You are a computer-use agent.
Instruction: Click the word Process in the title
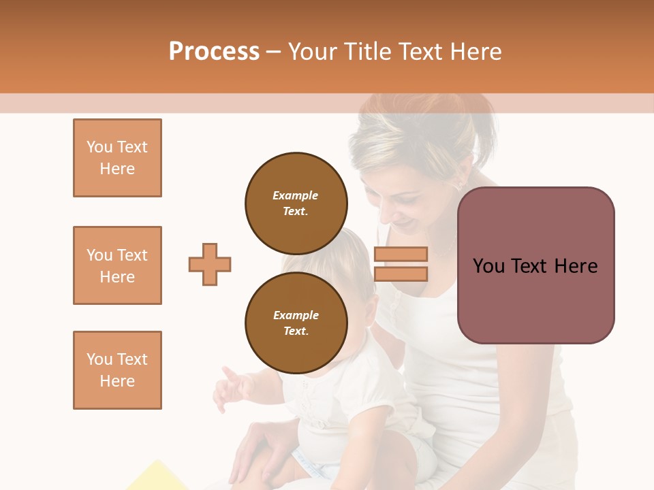coord(214,52)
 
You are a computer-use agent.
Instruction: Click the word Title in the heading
coord(366,52)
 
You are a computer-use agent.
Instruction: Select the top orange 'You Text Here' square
coord(117,158)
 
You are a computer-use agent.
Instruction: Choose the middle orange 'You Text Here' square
coord(117,265)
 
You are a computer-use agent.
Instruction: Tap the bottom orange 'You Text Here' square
coord(117,370)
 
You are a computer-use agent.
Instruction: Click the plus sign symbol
coord(210,264)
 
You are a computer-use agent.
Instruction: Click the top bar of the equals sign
coord(401,254)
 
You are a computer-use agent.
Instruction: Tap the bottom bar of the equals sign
coord(401,274)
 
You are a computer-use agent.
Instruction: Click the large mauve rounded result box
coord(535,265)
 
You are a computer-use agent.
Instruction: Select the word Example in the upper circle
coord(295,195)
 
